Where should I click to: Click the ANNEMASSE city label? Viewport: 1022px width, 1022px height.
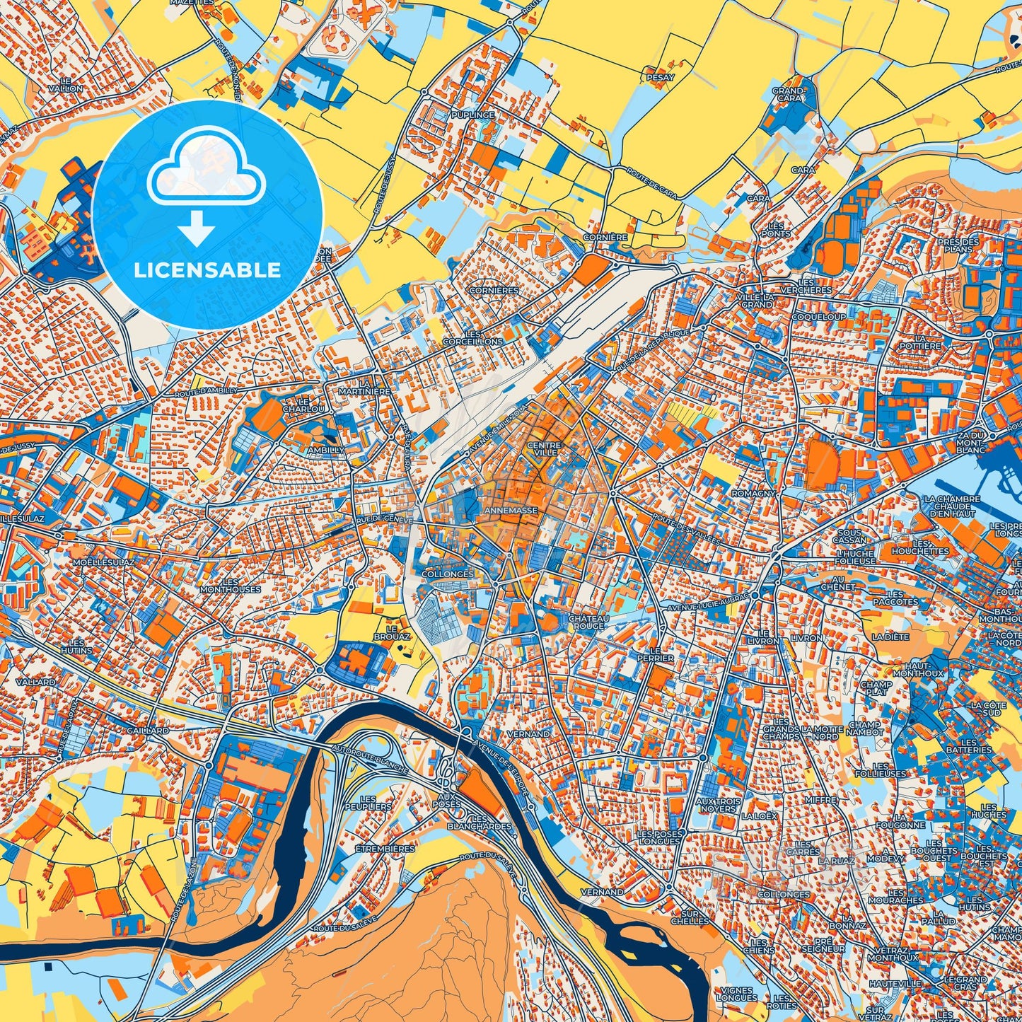pyautogui.click(x=511, y=510)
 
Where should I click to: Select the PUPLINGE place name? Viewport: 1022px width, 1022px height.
pyautogui.click(x=473, y=115)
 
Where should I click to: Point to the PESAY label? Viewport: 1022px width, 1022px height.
pyautogui.click(x=661, y=78)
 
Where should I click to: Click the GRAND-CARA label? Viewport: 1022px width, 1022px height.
pyautogui.click(x=788, y=95)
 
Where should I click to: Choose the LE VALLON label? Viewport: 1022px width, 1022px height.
pyautogui.click(x=66, y=85)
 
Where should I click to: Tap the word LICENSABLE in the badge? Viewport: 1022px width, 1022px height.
pyautogui.click(x=207, y=270)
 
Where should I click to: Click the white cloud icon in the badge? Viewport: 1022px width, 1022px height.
pyautogui.click(x=206, y=170)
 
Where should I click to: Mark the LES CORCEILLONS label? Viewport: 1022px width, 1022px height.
pyautogui.click(x=484, y=337)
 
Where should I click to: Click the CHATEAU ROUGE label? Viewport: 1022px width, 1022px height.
pyautogui.click(x=586, y=622)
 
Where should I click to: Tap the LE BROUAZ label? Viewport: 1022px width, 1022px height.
pyautogui.click(x=397, y=632)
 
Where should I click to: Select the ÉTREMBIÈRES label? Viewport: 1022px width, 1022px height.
pyautogui.click(x=384, y=849)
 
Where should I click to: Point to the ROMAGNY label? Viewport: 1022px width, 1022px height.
pyautogui.click(x=753, y=493)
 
